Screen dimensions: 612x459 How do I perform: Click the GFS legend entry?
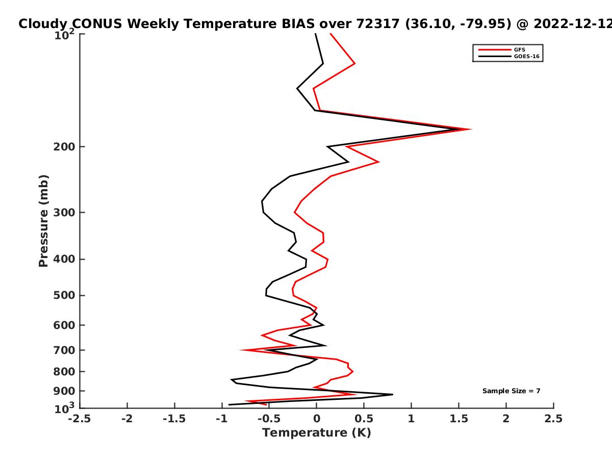pyautogui.click(x=502, y=49)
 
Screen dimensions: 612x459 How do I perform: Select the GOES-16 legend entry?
pyautogui.click(x=509, y=56)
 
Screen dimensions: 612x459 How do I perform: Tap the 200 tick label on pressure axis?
pyautogui.click(x=64, y=147)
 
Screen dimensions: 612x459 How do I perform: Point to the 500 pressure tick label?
pyautogui.click(x=64, y=295)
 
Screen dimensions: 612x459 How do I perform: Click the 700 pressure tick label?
pyautogui.click(x=64, y=350)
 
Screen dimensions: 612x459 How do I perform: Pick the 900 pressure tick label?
pyautogui.click(x=64, y=391)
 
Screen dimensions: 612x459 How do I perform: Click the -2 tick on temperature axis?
pyautogui.click(x=127, y=419)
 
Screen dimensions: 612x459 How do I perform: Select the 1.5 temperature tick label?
pyautogui.click(x=458, y=419)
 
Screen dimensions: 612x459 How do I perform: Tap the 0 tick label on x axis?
pyautogui.click(x=317, y=419)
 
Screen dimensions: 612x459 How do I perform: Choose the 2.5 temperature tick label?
pyautogui.click(x=553, y=419)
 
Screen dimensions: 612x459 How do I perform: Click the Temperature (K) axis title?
pyautogui.click(x=317, y=433)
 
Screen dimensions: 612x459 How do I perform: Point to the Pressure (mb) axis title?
pyautogui.click(x=43, y=221)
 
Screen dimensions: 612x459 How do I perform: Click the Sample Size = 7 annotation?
pyautogui.click(x=512, y=391)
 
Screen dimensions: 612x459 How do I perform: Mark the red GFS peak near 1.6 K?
pyautogui.click(x=471, y=129)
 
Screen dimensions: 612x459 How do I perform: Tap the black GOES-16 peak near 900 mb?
pyautogui.click(x=392, y=394)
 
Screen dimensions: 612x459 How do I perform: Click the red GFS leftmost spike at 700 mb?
pyautogui.click(x=241, y=350)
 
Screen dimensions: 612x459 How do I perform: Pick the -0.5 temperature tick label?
pyautogui.click(x=269, y=419)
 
